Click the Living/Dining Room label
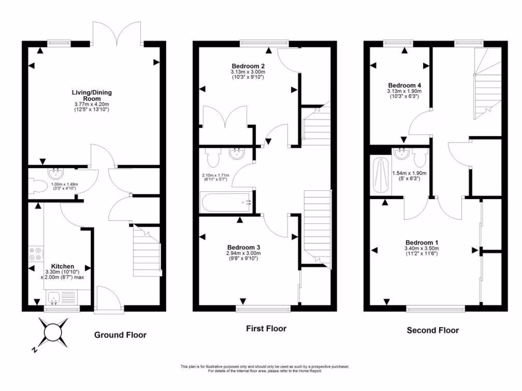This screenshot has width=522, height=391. pos(92,95)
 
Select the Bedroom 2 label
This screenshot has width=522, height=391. pos(248,66)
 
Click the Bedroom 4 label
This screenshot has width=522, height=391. pos(404,85)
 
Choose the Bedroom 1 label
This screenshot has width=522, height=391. pos(422,242)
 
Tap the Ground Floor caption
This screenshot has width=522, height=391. pos(120,335)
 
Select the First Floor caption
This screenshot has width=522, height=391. pos(266,329)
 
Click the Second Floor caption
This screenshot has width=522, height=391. pos(432,330)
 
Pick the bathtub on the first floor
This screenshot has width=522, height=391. pos(227,203)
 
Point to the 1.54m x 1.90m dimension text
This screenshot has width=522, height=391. pos(409,176)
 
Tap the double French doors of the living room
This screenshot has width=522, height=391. pos(117,33)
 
